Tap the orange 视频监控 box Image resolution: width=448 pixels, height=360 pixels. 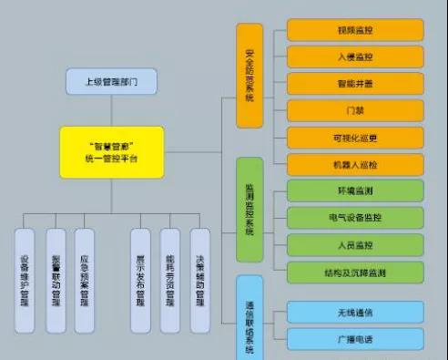(354, 29)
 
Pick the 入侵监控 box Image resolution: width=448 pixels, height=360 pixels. (354, 57)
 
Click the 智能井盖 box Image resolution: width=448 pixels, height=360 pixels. (354, 84)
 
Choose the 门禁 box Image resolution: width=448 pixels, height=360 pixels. (354, 111)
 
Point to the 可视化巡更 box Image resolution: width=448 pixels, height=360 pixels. (354, 139)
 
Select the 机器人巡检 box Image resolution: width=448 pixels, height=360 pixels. (354, 165)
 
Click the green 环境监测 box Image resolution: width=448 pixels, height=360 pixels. (354, 191)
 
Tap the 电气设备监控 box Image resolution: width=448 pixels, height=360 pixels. (354, 219)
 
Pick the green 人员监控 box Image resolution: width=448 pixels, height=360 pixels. (354, 245)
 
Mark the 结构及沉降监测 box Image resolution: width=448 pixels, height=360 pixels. (354, 273)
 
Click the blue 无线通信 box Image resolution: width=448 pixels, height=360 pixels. (354, 313)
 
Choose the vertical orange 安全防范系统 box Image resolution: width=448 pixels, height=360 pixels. (249, 75)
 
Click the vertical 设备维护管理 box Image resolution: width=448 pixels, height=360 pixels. (25, 280)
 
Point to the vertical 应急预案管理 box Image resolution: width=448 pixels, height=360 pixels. (85, 280)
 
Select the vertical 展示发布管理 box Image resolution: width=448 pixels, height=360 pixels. (140, 280)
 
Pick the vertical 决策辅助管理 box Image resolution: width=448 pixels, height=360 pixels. (199, 280)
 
